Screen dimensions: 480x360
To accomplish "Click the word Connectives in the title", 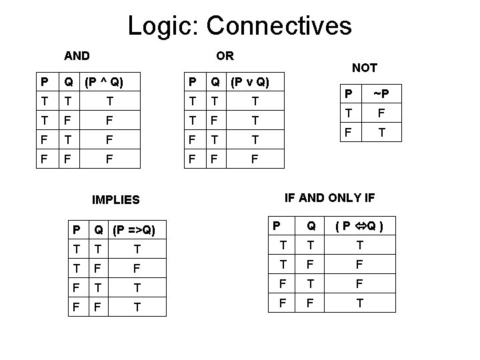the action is pyautogui.click(x=279, y=26).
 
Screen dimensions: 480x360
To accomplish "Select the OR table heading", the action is pyautogui.click(x=225, y=55).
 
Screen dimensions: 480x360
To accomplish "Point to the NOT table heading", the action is pyautogui.click(x=365, y=67).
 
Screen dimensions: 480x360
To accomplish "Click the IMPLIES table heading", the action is pyautogui.click(x=116, y=199).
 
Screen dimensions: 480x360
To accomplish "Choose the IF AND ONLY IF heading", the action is pyautogui.click(x=330, y=197).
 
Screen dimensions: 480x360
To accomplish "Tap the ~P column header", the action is pyautogui.click(x=381, y=93).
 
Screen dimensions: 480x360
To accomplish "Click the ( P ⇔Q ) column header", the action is pyautogui.click(x=360, y=227).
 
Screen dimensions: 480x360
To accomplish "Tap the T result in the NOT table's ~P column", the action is pyautogui.click(x=381, y=133).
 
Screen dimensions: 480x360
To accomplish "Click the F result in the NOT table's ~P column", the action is pyautogui.click(x=381, y=113).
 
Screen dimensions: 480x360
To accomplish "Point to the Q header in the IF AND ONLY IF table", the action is pyautogui.click(x=311, y=227).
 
